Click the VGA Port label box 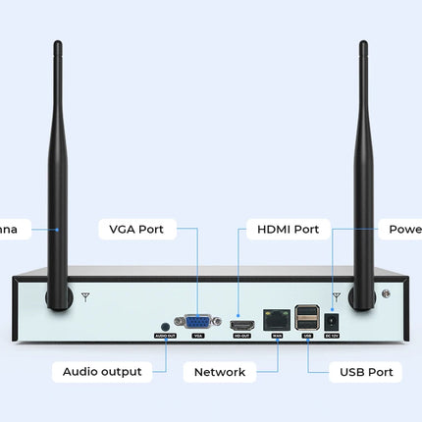tap(136, 230)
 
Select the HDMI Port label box tap(288, 230)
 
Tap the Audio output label tap(102, 372)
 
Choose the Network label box tap(220, 372)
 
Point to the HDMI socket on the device tap(240, 322)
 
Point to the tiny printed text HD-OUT tap(240, 336)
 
